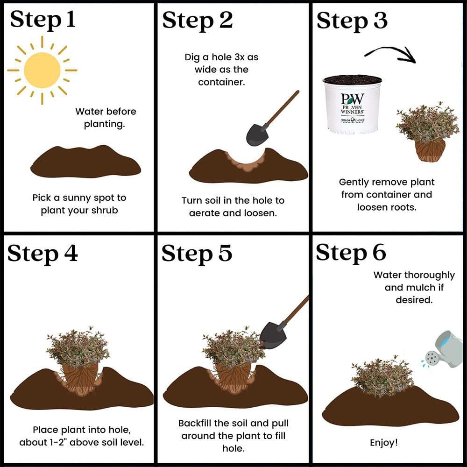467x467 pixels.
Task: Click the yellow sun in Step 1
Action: click(42, 71)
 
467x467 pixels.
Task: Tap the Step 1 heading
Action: click(42, 20)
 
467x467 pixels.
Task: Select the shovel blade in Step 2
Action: click(257, 134)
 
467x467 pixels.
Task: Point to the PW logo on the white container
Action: click(352, 99)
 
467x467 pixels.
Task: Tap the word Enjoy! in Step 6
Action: click(384, 443)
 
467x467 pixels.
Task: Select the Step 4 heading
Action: click(42, 254)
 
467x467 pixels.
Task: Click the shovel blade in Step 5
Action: click(273, 336)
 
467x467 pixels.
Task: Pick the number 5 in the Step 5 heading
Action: click(225, 253)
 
